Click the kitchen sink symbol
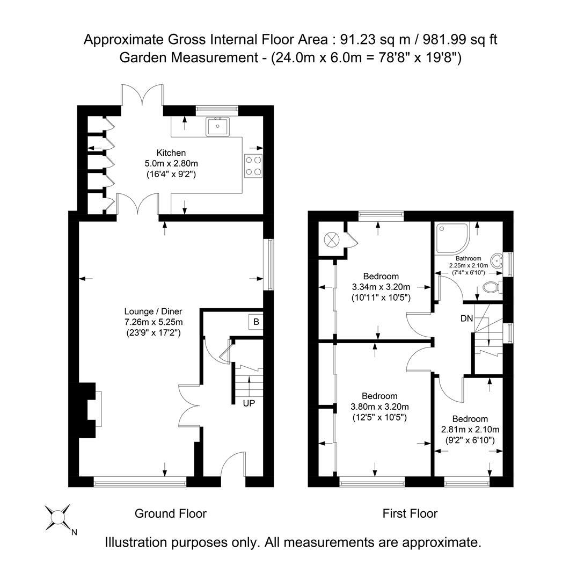(217, 126)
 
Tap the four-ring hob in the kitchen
(253, 165)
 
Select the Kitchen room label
(171, 153)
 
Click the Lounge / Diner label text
(153, 311)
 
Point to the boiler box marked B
(256, 322)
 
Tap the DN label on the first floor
(466, 318)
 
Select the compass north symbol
(57, 517)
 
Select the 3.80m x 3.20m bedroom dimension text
(379, 407)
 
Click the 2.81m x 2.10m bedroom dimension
(470, 430)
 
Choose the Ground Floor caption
(170, 514)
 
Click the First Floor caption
(410, 514)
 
